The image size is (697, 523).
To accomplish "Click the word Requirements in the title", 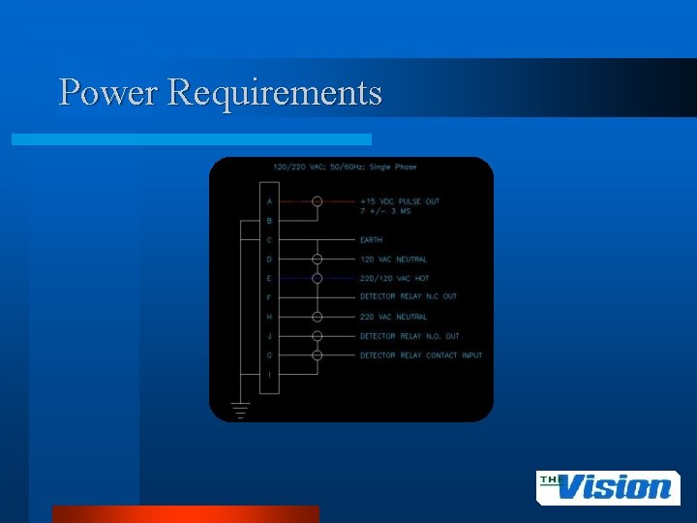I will tap(275, 94).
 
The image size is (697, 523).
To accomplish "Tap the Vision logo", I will tap(608, 487).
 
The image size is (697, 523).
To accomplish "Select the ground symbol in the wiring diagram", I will tap(240, 410).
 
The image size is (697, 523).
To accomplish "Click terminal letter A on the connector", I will tap(269, 201).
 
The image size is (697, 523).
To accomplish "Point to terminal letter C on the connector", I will tap(269, 240).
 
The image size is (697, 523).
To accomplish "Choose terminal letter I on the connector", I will tap(269, 375).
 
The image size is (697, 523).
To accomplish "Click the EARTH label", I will tap(371, 240).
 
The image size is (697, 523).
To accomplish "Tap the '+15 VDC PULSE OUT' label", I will tap(399, 201).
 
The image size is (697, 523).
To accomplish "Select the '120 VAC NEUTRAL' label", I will tap(393, 260).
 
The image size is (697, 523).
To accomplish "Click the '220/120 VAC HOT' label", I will tap(394, 278).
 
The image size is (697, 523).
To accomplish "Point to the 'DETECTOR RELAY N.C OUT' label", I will tap(408, 296).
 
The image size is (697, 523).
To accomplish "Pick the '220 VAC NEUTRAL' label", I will tap(393, 317).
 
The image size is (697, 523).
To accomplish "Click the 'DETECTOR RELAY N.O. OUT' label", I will tap(409, 336).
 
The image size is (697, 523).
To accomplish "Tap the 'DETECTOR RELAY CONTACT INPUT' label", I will tap(420, 355).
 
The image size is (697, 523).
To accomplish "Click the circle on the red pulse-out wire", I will tap(317, 201).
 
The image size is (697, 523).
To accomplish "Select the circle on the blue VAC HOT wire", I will tap(317, 278).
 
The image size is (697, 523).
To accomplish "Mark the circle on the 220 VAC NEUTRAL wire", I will tap(317, 317).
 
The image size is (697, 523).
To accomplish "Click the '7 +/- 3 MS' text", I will tap(384, 211).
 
